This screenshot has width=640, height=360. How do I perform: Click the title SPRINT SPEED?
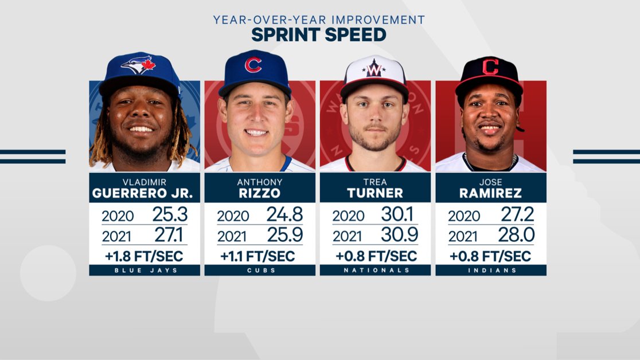coord(319,35)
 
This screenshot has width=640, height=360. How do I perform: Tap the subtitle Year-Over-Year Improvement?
coord(319,19)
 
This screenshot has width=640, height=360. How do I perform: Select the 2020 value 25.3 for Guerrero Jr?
coord(170,214)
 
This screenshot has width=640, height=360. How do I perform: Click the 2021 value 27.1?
coord(170,235)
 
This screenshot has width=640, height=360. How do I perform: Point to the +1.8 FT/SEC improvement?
coord(145,256)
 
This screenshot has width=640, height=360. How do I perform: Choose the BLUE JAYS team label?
coord(145,270)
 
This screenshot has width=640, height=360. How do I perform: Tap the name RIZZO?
coord(260,193)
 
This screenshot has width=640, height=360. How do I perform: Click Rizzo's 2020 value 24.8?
coord(284,214)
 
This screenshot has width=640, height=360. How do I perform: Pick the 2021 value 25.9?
coord(284,235)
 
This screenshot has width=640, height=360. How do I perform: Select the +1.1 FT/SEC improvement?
coord(260,256)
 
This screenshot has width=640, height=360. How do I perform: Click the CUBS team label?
coord(260,270)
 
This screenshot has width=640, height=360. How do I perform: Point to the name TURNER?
coord(375,193)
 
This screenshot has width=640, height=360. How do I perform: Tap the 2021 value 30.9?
coord(400,235)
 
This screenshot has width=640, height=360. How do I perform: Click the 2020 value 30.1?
coord(400,214)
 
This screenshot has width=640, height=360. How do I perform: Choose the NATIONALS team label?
coord(375,270)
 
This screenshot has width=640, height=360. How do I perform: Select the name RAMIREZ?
coord(491,193)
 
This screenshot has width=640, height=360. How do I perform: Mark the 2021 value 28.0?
coord(516,235)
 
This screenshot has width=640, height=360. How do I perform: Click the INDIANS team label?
coord(491,270)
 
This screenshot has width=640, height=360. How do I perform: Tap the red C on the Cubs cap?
coord(253,64)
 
